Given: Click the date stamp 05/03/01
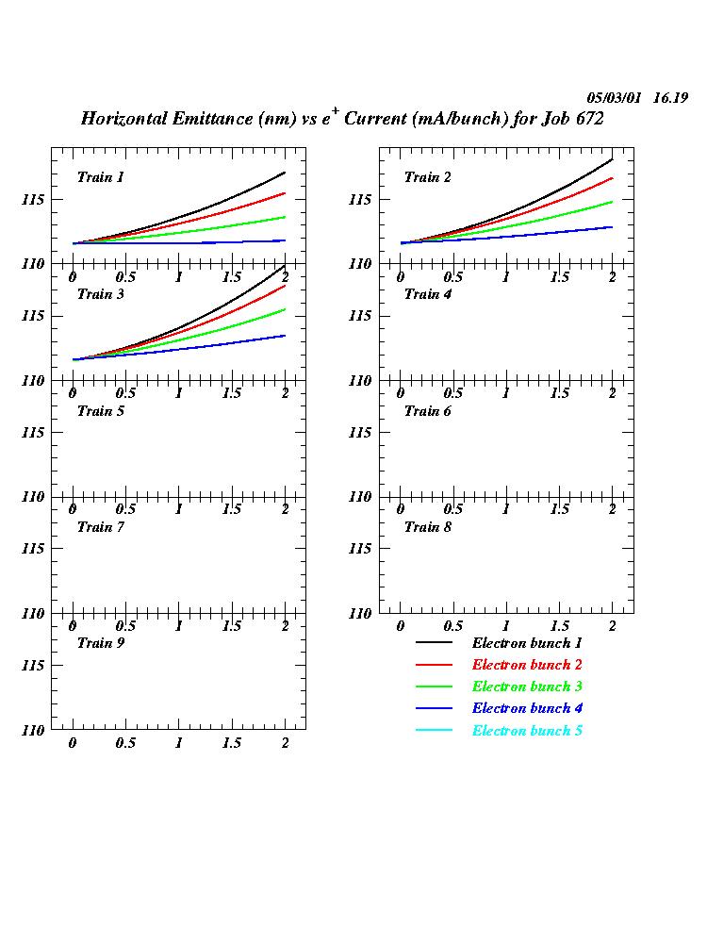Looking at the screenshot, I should click(x=614, y=98).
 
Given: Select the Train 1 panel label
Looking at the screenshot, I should click(x=101, y=177).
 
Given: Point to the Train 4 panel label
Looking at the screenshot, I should click(x=428, y=294).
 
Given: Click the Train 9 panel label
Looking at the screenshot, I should click(x=101, y=643).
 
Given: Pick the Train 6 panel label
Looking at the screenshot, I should click(x=428, y=411).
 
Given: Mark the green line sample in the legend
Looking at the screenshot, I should click(x=434, y=687).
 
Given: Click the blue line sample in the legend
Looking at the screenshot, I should click(x=434, y=708).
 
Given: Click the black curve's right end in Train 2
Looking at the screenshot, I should click(x=613, y=159).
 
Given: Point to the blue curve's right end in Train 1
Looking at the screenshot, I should click(x=285, y=240).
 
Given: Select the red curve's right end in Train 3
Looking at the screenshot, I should click(x=285, y=285).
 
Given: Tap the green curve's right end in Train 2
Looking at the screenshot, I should click(x=613, y=202).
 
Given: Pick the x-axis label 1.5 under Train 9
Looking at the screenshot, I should click(x=232, y=743).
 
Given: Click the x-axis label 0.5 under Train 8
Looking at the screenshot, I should click(x=453, y=626).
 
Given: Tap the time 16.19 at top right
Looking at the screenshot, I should click(x=668, y=98).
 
